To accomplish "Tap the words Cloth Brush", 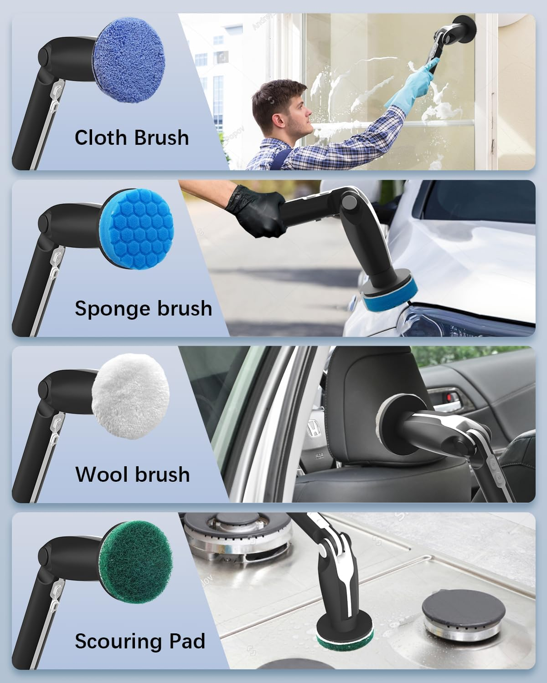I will click(x=131, y=138).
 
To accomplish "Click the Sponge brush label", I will click(x=143, y=309).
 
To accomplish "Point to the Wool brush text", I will click(x=132, y=474).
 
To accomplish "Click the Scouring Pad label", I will click(x=140, y=641).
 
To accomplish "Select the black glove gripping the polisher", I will click(x=255, y=212).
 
